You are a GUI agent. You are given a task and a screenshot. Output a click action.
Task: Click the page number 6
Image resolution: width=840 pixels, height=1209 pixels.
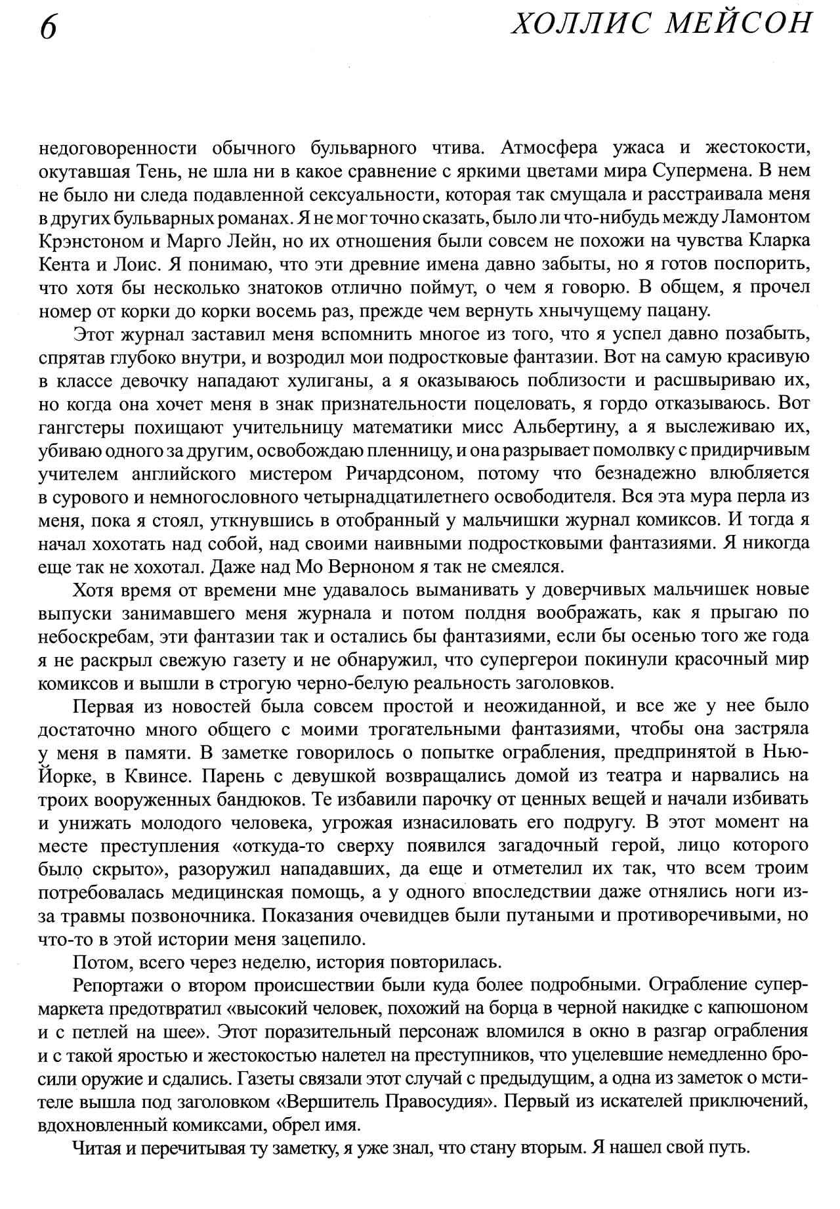(48, 28)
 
